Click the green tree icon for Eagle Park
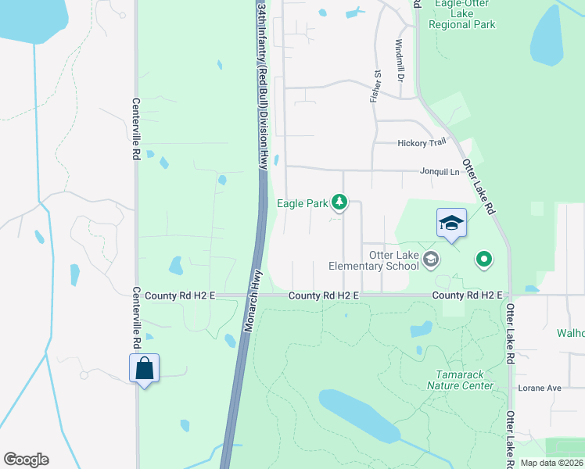point(339,203)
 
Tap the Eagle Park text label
point(303,203)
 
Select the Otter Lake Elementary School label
point(374,260)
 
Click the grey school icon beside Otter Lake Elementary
point(429,258)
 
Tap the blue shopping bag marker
point(145,368)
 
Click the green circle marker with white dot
point(484,259)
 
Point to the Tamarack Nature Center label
point(461,380)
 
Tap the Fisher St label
point(375,86)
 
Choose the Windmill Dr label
point(399,61)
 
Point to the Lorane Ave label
point(540,388)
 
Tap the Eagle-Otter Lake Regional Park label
point(462,14)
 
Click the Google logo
point(26,460)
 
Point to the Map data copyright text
point(552,463)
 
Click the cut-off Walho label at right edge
point(570,333)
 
